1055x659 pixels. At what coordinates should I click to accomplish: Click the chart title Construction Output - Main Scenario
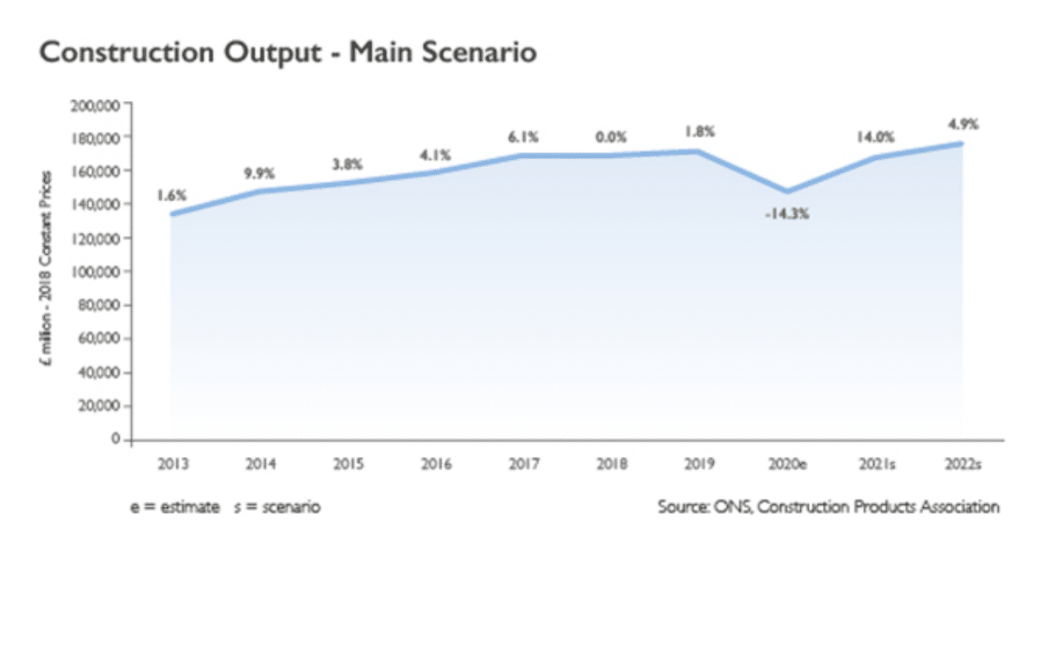click(x=287, y=52)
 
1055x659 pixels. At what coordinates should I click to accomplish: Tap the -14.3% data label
click(x=787, y=214)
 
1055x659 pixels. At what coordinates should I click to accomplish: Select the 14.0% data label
click(x=875, y=137)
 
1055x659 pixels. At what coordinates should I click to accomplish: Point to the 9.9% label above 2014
click(x=259, y=174)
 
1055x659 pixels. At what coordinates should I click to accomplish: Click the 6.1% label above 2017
click(x=523, y=137)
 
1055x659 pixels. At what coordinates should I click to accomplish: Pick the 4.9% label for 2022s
click(x=964, y=124)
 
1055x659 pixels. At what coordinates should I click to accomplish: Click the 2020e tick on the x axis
click(x=788, y=464)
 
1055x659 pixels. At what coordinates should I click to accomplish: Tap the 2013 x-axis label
click(x=173, y=464)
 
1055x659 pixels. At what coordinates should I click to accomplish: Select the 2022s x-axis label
click(x=964, y=464)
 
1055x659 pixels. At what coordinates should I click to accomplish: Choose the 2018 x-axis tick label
click(x=612, y=464)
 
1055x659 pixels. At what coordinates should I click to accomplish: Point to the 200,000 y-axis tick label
click(x=95, y=106)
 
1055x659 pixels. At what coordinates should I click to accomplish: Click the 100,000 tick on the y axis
click(x=95, y=272)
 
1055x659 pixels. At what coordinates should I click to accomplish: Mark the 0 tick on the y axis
click(x=115, y=438)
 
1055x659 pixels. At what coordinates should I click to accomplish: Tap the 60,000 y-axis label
click(x=98, y=338)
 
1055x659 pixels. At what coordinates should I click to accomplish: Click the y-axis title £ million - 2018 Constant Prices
click(x=46, y=268)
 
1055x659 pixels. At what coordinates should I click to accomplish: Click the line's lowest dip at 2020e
click(x=787, y=192)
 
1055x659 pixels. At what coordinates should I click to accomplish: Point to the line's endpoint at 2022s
click(x=961, y=144)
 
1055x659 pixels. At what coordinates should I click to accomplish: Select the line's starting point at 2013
click(x=173, y=214)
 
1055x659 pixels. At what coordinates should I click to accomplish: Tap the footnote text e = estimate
click(x=175, y=507)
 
